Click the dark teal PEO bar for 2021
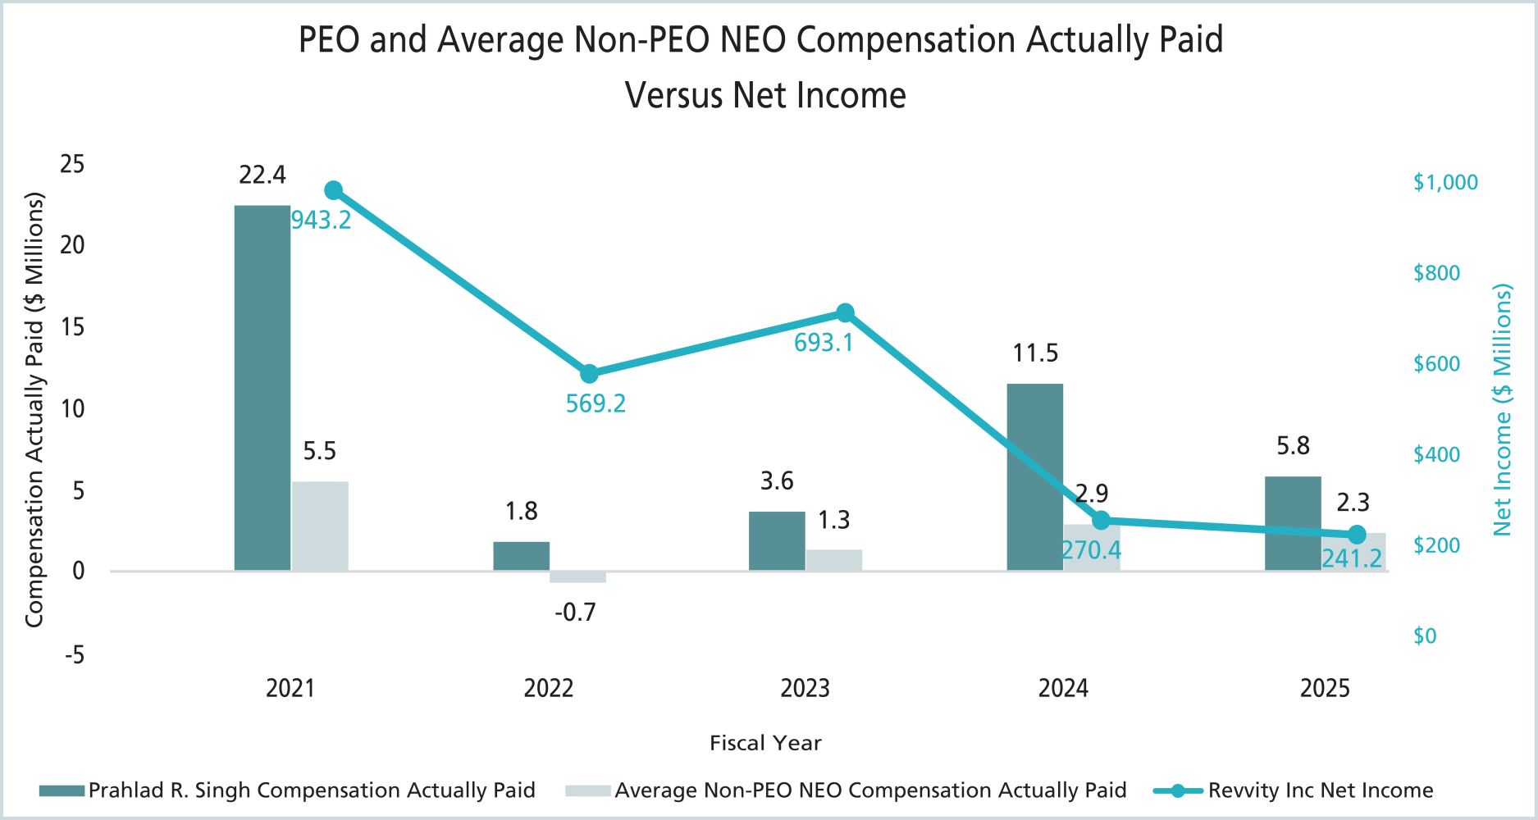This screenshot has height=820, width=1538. tap(262, 387)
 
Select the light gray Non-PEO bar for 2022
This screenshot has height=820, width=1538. tap(577, 577)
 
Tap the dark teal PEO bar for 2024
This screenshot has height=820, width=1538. tap(1034, 476)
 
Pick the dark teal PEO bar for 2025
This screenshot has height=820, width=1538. tap(1293, 523)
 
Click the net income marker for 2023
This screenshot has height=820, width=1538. tap(845, 313)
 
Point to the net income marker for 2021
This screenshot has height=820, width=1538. tap(333, 190)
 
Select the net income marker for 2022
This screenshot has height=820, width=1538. tap(589, 374)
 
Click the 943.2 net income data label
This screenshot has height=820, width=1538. tap(322, 220)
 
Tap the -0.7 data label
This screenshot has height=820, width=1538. tap(575, 612)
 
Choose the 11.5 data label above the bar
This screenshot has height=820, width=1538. tap(1035, 353)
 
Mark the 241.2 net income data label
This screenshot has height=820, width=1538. tap(1352, 558)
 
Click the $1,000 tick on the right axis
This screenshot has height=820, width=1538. tap(1445, 182)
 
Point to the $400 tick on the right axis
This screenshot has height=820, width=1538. tap(1436, 454)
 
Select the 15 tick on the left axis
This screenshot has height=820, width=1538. tap(72, 327)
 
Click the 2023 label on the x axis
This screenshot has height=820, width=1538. tap(805, 688)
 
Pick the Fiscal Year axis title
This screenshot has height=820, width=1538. tap(765, 743)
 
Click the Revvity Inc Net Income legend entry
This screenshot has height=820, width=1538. tap(1320, 790)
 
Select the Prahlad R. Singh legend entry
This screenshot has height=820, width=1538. tap(312, 790)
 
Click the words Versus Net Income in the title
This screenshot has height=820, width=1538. tap(765, 95)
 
